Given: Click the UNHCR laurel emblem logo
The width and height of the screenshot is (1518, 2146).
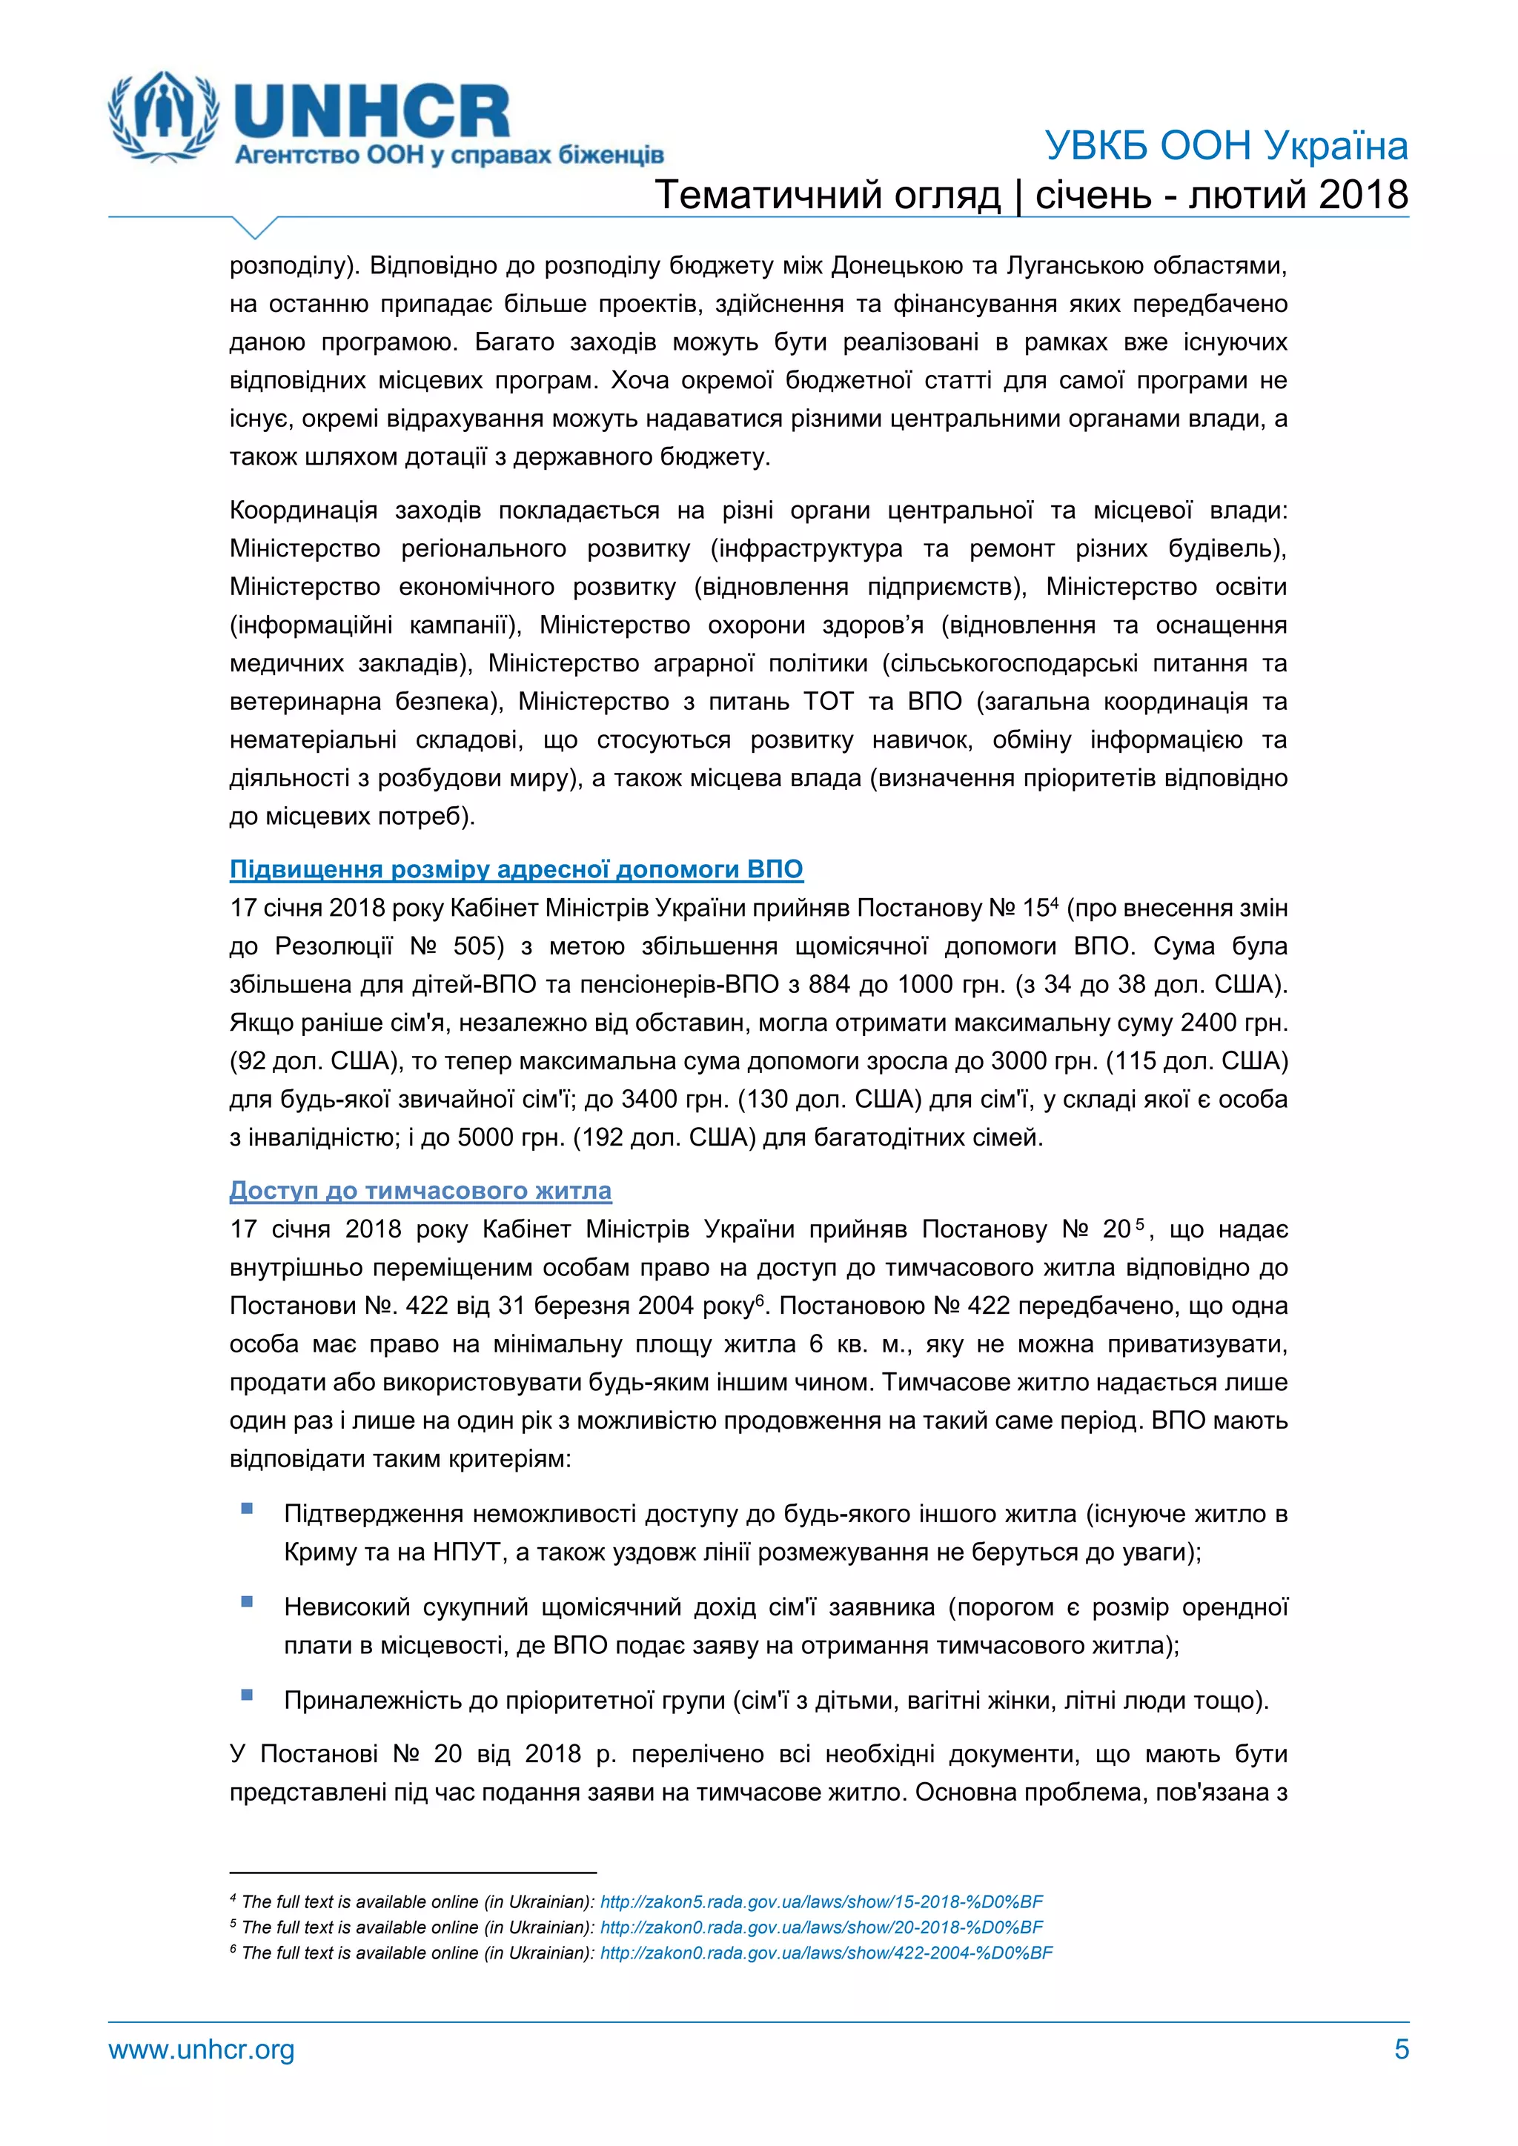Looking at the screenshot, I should (x=165, y=116).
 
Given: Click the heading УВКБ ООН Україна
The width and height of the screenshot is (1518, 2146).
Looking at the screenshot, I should (x=1225, y=147).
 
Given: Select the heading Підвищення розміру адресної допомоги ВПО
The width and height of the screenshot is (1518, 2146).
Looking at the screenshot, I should (x=516, y=869).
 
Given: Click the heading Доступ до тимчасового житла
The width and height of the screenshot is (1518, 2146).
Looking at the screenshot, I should (x=420, y=1191).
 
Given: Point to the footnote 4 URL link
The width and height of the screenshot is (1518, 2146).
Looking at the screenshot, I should (x=821, y=1902).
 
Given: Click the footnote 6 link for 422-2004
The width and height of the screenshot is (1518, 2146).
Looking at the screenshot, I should (x=826, y=1953).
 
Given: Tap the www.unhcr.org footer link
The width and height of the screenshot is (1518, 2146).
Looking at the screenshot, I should (x=201, y=2050).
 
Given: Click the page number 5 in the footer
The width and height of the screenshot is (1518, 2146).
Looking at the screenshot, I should (x=1401, y=2050).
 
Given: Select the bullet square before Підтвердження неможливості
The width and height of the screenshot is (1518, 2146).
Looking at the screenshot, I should (x=247, y=1509).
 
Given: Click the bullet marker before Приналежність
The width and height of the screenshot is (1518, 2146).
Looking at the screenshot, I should (x=247, y=1695).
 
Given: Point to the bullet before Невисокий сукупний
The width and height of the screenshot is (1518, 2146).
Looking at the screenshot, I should (x=247, y=1601).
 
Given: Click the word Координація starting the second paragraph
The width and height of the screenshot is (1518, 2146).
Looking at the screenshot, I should (x=303, y=511).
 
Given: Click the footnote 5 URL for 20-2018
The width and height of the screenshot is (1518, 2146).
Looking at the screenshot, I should (x=821, y=1927).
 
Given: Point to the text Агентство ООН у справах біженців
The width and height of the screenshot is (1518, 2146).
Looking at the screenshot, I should (x=448, y=155).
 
